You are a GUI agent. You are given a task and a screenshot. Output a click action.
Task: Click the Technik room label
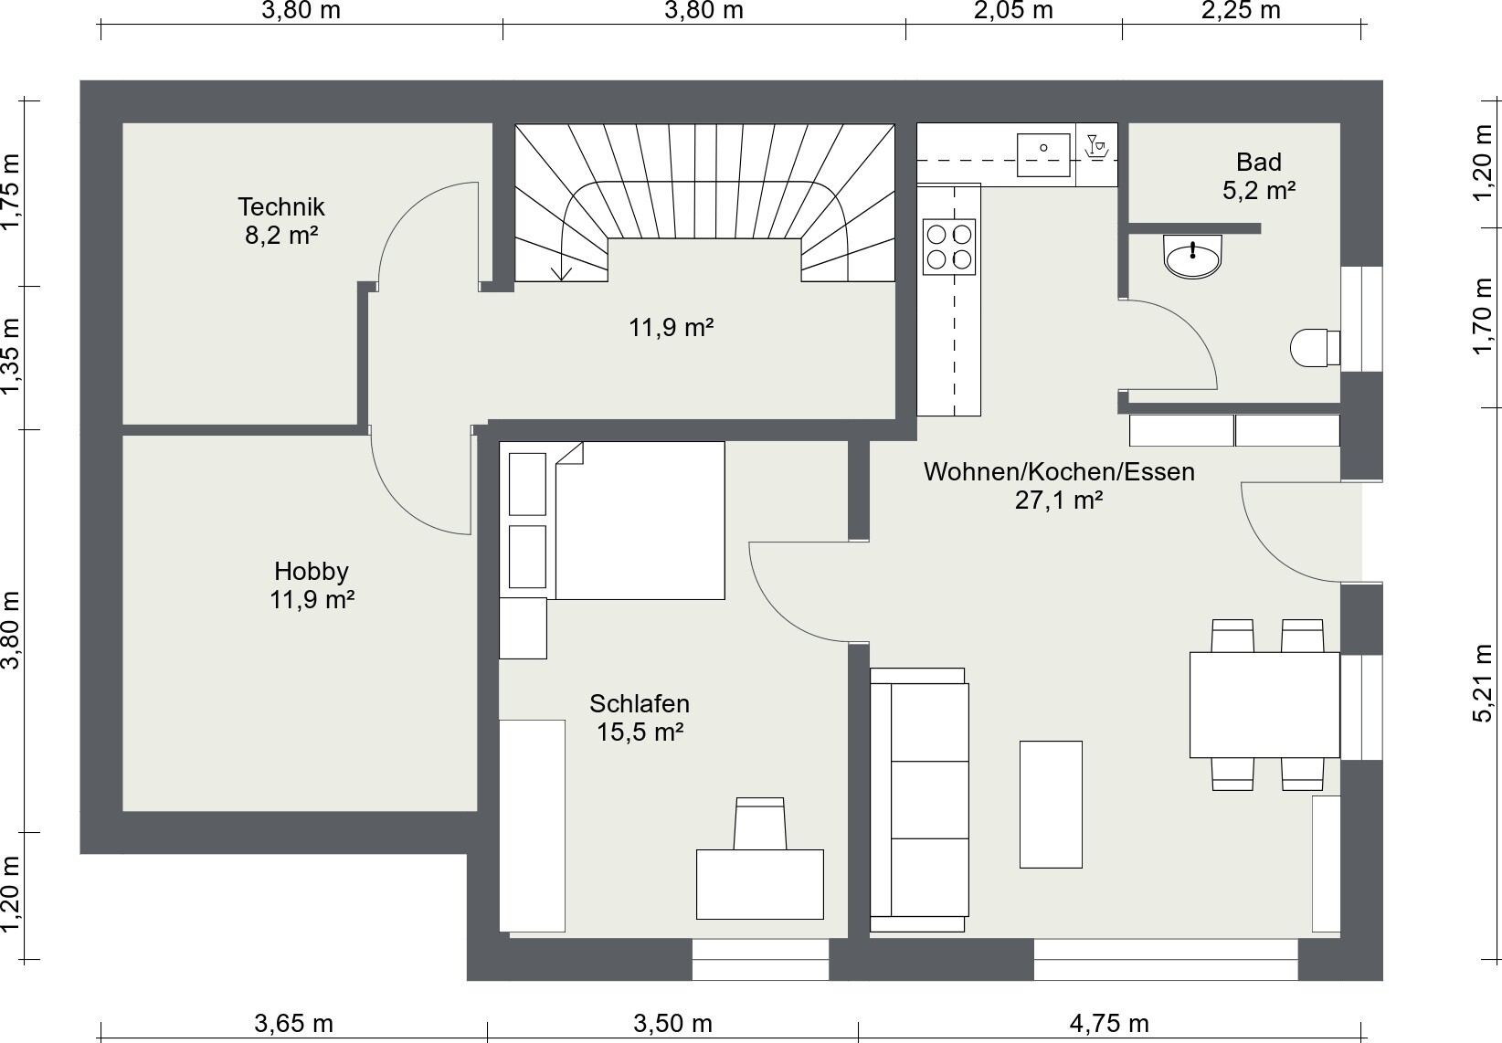coord(281,206)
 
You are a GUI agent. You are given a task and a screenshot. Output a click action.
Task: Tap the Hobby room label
coord(312,571)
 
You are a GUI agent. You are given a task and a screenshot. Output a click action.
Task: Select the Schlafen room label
coord(639,703)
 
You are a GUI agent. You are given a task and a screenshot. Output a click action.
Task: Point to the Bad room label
coord(1259,162)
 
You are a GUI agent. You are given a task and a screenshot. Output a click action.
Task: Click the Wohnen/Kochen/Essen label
coord(1059,472)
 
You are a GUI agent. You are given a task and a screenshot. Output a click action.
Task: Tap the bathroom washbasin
coord(1193,256)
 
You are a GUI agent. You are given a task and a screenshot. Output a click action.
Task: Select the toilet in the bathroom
coord(1315,347)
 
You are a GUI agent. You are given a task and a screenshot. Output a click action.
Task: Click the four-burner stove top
coord(949,247)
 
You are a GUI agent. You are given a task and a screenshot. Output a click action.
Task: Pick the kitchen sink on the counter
coord(1043,155)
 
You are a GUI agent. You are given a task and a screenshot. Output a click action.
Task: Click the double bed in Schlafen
coord(640,521)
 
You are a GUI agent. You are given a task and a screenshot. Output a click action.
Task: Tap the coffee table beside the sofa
coord(1051,805)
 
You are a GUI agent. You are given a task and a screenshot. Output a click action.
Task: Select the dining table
coord(1264,704)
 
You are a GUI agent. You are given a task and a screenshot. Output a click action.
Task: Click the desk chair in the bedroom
coord(760,824)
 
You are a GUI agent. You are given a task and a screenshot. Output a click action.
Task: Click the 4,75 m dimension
coord(1109,1024)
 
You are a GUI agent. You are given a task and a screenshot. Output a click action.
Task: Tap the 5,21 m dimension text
coord(1483,684)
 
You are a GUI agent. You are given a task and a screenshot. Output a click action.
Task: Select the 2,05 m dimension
coord(1013,11)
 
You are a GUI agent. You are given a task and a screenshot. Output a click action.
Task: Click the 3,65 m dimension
coord(293,1024)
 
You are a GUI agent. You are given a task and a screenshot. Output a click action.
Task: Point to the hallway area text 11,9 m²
coord(671,328)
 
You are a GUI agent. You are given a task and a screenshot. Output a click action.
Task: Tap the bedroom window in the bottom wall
coord(760,959)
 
